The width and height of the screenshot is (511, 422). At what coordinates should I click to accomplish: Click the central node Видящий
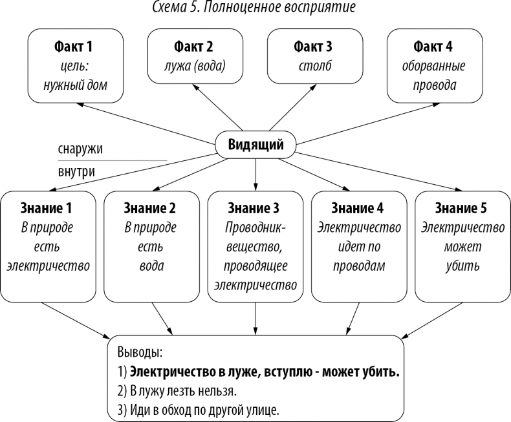(255, 144)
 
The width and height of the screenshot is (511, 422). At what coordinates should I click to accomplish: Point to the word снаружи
(80, 149)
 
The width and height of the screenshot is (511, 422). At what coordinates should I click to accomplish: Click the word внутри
(76, 172)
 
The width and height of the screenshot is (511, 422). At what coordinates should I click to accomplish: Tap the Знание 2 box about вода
(152, 246)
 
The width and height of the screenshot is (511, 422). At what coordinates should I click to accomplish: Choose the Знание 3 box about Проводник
(255, 246)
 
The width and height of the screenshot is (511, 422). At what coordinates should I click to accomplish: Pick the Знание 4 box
(358, 246)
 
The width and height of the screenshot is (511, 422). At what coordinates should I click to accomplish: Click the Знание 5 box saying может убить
(461, 246)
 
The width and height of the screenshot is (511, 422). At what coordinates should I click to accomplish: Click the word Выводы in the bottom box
(140, 353)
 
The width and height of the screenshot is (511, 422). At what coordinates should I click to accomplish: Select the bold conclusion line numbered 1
(259, 372)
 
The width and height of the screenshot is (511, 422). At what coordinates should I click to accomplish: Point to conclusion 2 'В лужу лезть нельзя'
(178, 392)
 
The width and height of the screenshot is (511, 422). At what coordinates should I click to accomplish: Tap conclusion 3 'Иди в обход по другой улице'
(198, 410)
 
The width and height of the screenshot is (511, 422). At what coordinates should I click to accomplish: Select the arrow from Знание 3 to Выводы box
(255, 318)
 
